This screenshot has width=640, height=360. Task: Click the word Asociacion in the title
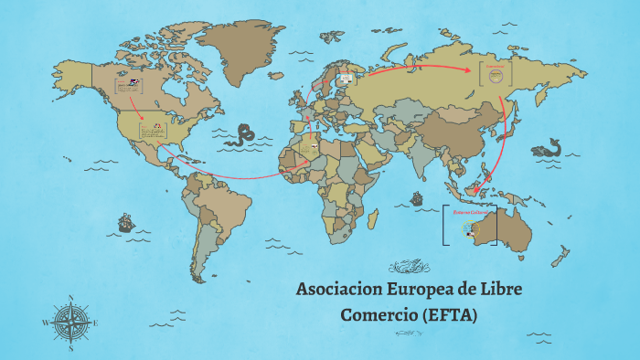click(x=338, y=291)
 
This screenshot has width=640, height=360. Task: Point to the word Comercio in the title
click(x=377, y=315)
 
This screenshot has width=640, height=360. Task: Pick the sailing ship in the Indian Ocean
click(x=416, y=197)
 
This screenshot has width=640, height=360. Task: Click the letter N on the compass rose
click(x=71, y=297)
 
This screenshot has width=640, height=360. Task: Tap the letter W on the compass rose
click(x=45, y=323)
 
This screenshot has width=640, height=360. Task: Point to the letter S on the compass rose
click(x=71, y=348)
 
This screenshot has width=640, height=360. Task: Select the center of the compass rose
click(x=71, y=323)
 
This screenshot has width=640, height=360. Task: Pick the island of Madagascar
click(x=373, y=219)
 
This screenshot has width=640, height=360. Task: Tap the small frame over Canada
click(x=128, y=88)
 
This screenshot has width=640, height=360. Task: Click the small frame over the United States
click(x=153, y=130)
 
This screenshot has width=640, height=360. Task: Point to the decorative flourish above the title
click(x=410, y=267)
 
